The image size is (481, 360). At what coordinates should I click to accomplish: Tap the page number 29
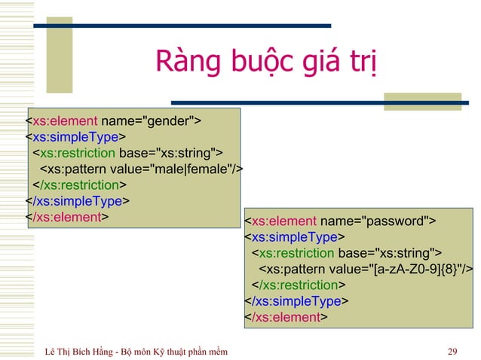[452, 350]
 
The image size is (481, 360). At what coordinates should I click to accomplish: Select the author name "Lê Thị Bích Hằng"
[80, 350]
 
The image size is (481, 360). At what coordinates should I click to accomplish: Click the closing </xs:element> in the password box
[286, 317]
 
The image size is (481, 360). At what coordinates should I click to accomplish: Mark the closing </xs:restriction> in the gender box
[78, 185]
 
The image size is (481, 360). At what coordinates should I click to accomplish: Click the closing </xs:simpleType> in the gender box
[78, 200]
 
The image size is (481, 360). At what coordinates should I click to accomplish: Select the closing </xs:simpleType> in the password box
[296, 301]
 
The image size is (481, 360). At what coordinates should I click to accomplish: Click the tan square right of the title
[421, 102]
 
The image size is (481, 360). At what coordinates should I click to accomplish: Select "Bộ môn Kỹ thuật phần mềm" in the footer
[180, 350]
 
